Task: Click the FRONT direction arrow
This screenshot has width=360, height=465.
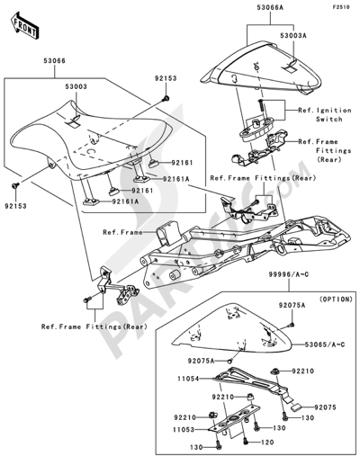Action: (25, 25)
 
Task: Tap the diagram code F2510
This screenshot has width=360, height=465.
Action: (341, 7)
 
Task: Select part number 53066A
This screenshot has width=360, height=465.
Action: (270, 7)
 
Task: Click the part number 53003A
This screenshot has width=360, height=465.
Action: (293, 36)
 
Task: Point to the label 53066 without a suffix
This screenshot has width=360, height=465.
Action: (54, 60)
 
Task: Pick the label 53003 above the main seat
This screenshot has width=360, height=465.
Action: (76, 86)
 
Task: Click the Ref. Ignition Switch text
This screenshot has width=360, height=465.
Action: (325, 114)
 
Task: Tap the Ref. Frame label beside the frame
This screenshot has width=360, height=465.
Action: (122, 232)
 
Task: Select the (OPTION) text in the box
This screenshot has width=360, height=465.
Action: (336, 299)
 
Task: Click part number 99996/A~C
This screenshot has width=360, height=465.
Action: (288, 274)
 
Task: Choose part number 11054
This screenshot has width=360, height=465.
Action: (188, 379)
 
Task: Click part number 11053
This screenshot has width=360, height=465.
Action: (184, 430)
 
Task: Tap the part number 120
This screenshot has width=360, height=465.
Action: (267, 443)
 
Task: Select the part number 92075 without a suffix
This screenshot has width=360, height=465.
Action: (325, 407)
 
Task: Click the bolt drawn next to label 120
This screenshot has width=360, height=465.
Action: (246, 441)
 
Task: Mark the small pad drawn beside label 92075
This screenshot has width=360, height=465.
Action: (297, 407)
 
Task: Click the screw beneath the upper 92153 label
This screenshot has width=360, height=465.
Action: (166, 98)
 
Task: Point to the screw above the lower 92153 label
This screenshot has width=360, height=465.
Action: (15, 185)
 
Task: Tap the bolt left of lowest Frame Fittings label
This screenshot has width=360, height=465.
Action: (87, 300)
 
